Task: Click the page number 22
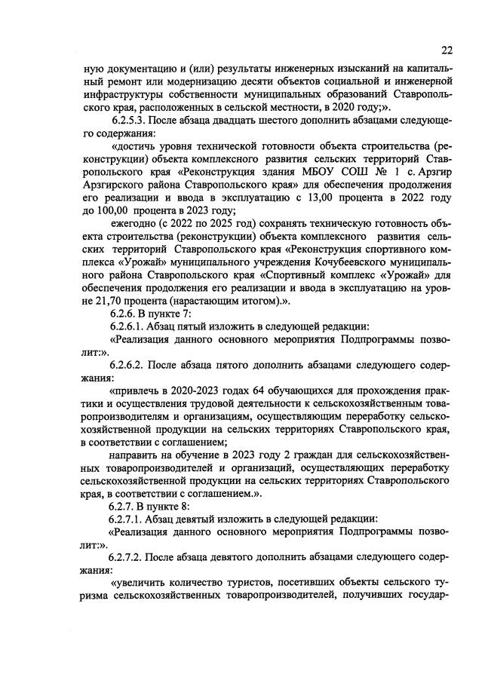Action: tap(447, 51)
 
